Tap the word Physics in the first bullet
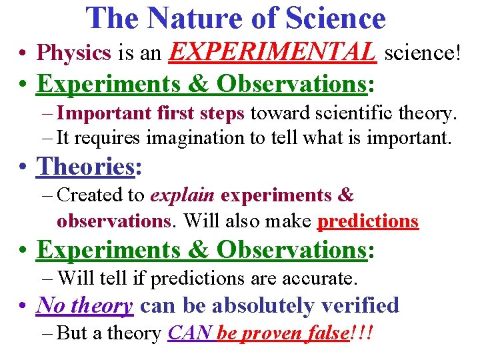pyautogui.click(x=74, y=52)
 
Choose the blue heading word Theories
pyautogui.click(x=85, y=166)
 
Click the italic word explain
pyautogui.click(x=183, y=195)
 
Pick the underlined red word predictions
pyautogui.click(x=369, y=221)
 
